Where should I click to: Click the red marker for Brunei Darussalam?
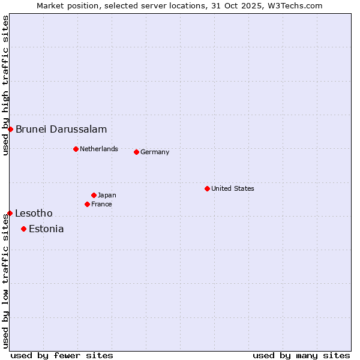(x=10, y=129)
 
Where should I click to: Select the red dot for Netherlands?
(x=76, y=149)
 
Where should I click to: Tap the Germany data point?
(x=136, y=152)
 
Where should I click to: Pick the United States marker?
(x=207, y=188)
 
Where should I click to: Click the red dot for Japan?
(x=94, y=195)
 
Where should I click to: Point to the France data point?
(x=87, y=204)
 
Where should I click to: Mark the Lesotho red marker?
(x=10, y=213)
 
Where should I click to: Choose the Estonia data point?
(x=23, y=229)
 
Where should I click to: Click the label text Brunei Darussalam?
(x=61, y=129)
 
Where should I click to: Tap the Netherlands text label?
(x=99, y=149)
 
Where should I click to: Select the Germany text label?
(x=155, y=152)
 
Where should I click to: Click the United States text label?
(x=233, y=188)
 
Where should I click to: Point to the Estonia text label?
(x=46, y=229)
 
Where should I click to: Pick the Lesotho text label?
(x=34, y=213)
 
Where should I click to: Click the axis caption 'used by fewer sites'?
(x=62, y=355)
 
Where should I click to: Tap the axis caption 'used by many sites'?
(x=301, y=355)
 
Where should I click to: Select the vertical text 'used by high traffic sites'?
(x=5, y=85)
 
